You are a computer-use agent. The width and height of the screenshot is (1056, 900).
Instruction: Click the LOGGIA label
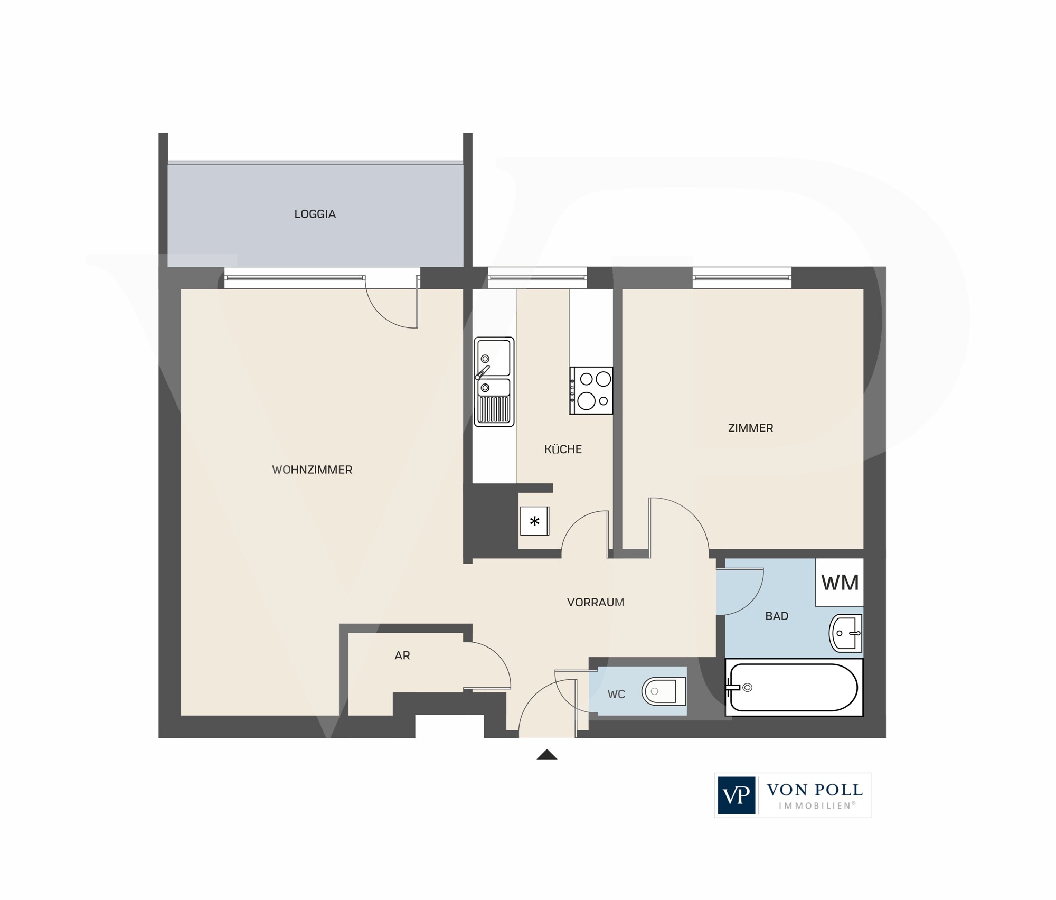pyautogui.click(x=315, y=214)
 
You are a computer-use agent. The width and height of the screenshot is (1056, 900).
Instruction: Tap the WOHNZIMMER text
pyautogui.click(x=312, y=470)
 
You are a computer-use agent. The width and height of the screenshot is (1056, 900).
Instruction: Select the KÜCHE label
pyautogui.click(x=563, y=449)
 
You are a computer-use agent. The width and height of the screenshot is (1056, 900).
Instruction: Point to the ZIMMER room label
pyautogui.click(x=750, y=428)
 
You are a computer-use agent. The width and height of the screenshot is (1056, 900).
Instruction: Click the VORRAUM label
pyautogui.click(x=596, y=602)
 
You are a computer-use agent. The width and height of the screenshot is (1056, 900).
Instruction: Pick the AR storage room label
pyautogui.click(x=402, y=655)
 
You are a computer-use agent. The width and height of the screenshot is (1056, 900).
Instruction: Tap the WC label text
pyautogui.click(x=616, y=694)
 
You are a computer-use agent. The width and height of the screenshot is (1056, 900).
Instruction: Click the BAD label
pyautogui.click(x=777, y=616)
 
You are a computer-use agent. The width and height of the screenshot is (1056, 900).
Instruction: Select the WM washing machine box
pyautogui.click(x=840, y=582)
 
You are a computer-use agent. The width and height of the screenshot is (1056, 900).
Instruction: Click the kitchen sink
pyautogui.click(x=494, y=381)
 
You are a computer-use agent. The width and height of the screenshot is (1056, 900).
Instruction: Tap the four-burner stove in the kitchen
pyautogui.click(x=591, y=390)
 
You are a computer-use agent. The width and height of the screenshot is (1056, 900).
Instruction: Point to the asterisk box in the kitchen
pyautogui.click(x=534, y=521)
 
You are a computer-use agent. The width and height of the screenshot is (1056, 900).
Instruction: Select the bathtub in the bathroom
pyautogui.click(x=794, y=687)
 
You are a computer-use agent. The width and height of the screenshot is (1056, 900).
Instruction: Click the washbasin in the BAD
pyautogui.click(x=846, y=633)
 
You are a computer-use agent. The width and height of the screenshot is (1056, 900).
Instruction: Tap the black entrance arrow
pyautogui.click(x=547, y=755)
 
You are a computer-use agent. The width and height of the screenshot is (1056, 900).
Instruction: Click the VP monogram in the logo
pyautogui.click(x=737, y=795)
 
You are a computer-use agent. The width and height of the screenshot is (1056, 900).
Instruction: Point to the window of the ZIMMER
pyautogui.click(x=742, y=277)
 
